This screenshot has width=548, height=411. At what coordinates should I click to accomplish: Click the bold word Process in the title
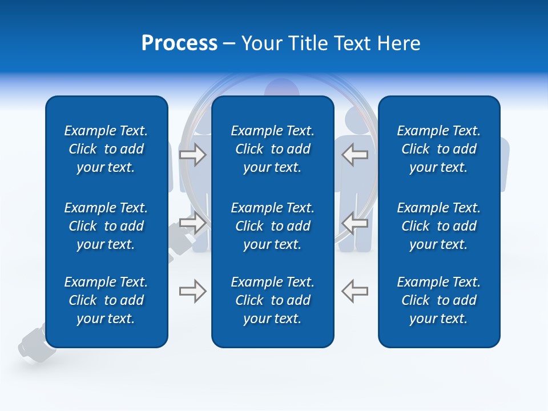179,43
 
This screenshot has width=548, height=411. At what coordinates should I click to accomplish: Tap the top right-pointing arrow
192,155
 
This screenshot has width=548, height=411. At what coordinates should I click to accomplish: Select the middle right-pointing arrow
192,223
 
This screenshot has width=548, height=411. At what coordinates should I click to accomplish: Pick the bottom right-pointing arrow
192,291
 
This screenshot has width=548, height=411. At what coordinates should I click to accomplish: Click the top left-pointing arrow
354,155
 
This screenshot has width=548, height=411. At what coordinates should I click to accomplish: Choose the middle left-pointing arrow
354,223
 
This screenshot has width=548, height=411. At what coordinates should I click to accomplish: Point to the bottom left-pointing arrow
354,291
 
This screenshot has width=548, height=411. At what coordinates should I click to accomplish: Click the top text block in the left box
106,149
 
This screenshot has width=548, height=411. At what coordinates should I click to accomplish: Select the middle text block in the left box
106,226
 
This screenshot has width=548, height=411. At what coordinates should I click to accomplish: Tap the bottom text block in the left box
106,300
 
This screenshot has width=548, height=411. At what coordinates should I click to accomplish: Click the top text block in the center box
273,149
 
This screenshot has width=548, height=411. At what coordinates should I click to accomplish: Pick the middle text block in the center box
273,226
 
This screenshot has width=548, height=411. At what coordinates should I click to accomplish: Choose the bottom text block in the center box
273,300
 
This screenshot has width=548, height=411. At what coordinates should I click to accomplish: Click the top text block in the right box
439,149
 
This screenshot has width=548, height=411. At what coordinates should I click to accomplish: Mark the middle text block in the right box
439,226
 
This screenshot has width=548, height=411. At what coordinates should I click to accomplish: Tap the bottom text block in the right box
439,300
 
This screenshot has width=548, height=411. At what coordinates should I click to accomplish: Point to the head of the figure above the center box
281,87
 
